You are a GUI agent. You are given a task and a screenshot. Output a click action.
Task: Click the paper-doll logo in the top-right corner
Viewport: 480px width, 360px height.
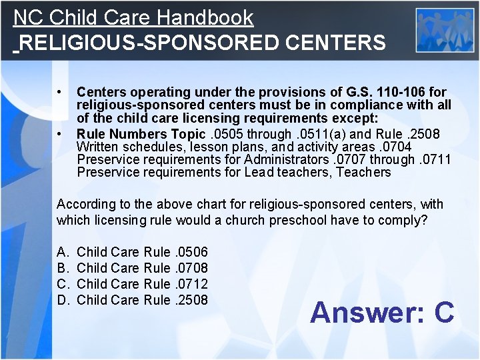click(445, 29)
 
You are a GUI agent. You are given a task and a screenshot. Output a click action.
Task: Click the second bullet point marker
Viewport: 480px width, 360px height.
click(60, 133)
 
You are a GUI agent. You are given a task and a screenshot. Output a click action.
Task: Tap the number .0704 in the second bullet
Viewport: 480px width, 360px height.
click(395, 147)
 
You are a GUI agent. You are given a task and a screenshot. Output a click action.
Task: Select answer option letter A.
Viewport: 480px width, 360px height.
click(62, 252)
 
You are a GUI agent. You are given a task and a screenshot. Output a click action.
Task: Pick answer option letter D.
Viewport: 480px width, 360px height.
click(63, 300)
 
